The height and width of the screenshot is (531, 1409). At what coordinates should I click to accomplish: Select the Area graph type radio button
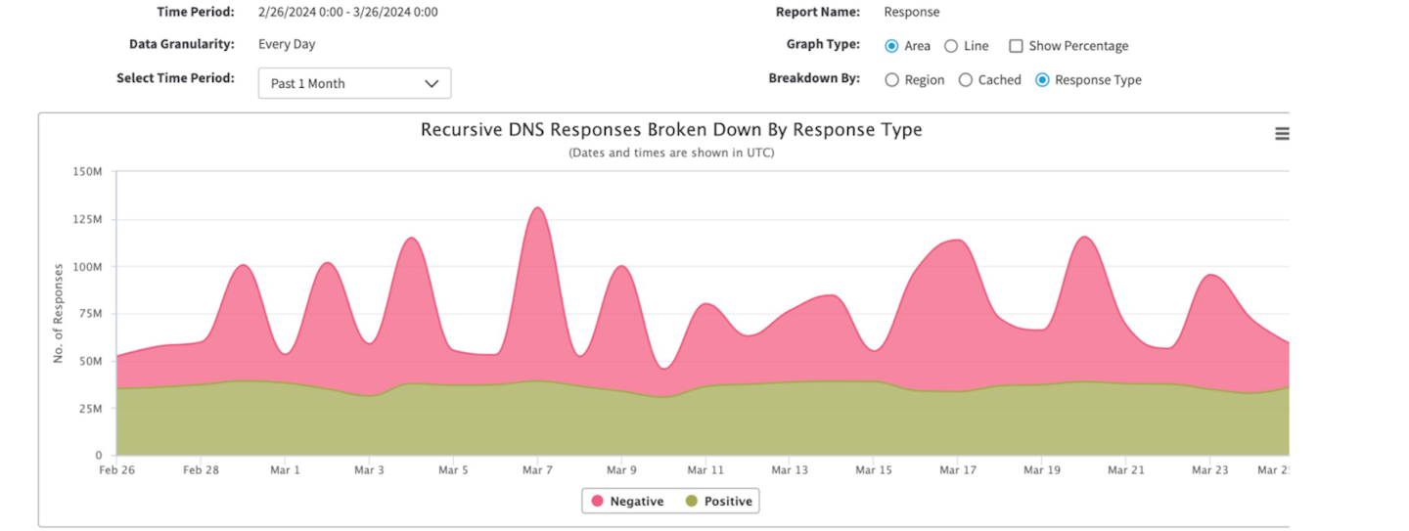(x=891, y=46)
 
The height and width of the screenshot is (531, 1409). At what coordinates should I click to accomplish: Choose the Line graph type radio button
(x=951, y=46)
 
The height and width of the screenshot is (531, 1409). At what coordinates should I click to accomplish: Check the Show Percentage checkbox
(x=1016, y=46)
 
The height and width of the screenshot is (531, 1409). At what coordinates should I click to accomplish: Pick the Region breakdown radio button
(x=891, y=80)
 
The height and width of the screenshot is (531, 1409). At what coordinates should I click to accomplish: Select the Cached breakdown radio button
(x=965, y=80)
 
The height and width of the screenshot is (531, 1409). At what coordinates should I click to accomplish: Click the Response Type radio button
(x=1042, y=80)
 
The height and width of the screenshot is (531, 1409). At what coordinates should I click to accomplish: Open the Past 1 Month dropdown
(x=354, y=83)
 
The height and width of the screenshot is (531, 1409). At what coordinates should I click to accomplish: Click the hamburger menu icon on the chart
(x=1282, y=134)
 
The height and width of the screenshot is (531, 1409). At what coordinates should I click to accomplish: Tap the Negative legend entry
(x=626, y=502)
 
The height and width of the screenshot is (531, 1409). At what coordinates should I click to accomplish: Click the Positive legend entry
(x=719, y=502)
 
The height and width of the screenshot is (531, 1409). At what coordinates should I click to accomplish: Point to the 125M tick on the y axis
(x=88, y=219)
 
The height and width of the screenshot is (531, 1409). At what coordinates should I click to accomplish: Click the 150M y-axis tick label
(x=88, y=172)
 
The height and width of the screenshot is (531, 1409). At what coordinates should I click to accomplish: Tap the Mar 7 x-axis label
(x=537, y=470)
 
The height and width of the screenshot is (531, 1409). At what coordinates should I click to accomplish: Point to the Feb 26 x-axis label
(x=116, y=470)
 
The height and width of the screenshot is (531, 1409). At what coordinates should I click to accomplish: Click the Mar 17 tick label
(x=958, y=470)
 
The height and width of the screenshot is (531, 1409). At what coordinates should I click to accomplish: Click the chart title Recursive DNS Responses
(x=671, y=130)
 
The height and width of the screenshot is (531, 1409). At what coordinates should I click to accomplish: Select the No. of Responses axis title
(x=59, y=313)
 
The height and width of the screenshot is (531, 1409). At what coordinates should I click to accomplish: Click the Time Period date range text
(x=347, y=13)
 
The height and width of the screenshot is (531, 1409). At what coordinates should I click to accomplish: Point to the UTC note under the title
(x=671, y=153)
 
